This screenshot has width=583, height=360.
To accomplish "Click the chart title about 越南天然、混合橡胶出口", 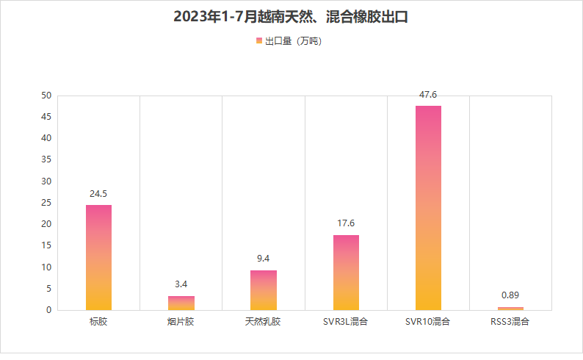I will point(291,17).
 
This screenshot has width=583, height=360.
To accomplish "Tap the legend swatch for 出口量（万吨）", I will point(259,41).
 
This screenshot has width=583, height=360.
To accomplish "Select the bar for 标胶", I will point(98,257).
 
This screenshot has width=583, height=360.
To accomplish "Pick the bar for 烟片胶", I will point(181,303).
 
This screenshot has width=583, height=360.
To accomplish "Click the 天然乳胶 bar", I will point(264,290).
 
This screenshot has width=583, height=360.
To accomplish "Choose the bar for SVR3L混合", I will point(346,273).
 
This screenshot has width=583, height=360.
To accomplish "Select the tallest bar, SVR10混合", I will point(428,208).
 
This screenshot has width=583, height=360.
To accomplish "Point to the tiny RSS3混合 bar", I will point(510,308).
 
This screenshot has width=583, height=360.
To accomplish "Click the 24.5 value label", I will point(98,194).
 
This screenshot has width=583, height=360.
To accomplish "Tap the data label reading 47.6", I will point(428,95).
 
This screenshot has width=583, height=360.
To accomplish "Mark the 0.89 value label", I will point(510,295).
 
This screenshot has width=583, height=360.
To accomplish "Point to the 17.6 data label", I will point(346,223).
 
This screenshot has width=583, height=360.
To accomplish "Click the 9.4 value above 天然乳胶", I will point(264,259).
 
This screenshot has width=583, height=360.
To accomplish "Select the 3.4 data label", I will point(181,284).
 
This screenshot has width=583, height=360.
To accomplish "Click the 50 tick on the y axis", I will point(46,96).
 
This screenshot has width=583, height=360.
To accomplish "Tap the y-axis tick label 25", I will point(46,203).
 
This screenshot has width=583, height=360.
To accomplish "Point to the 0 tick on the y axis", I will point(49,310).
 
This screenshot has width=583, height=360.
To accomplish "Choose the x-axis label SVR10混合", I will point(428,322).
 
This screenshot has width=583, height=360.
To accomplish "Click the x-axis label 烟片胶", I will point(181,322).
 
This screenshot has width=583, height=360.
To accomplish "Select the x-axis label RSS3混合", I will point(510,322).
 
